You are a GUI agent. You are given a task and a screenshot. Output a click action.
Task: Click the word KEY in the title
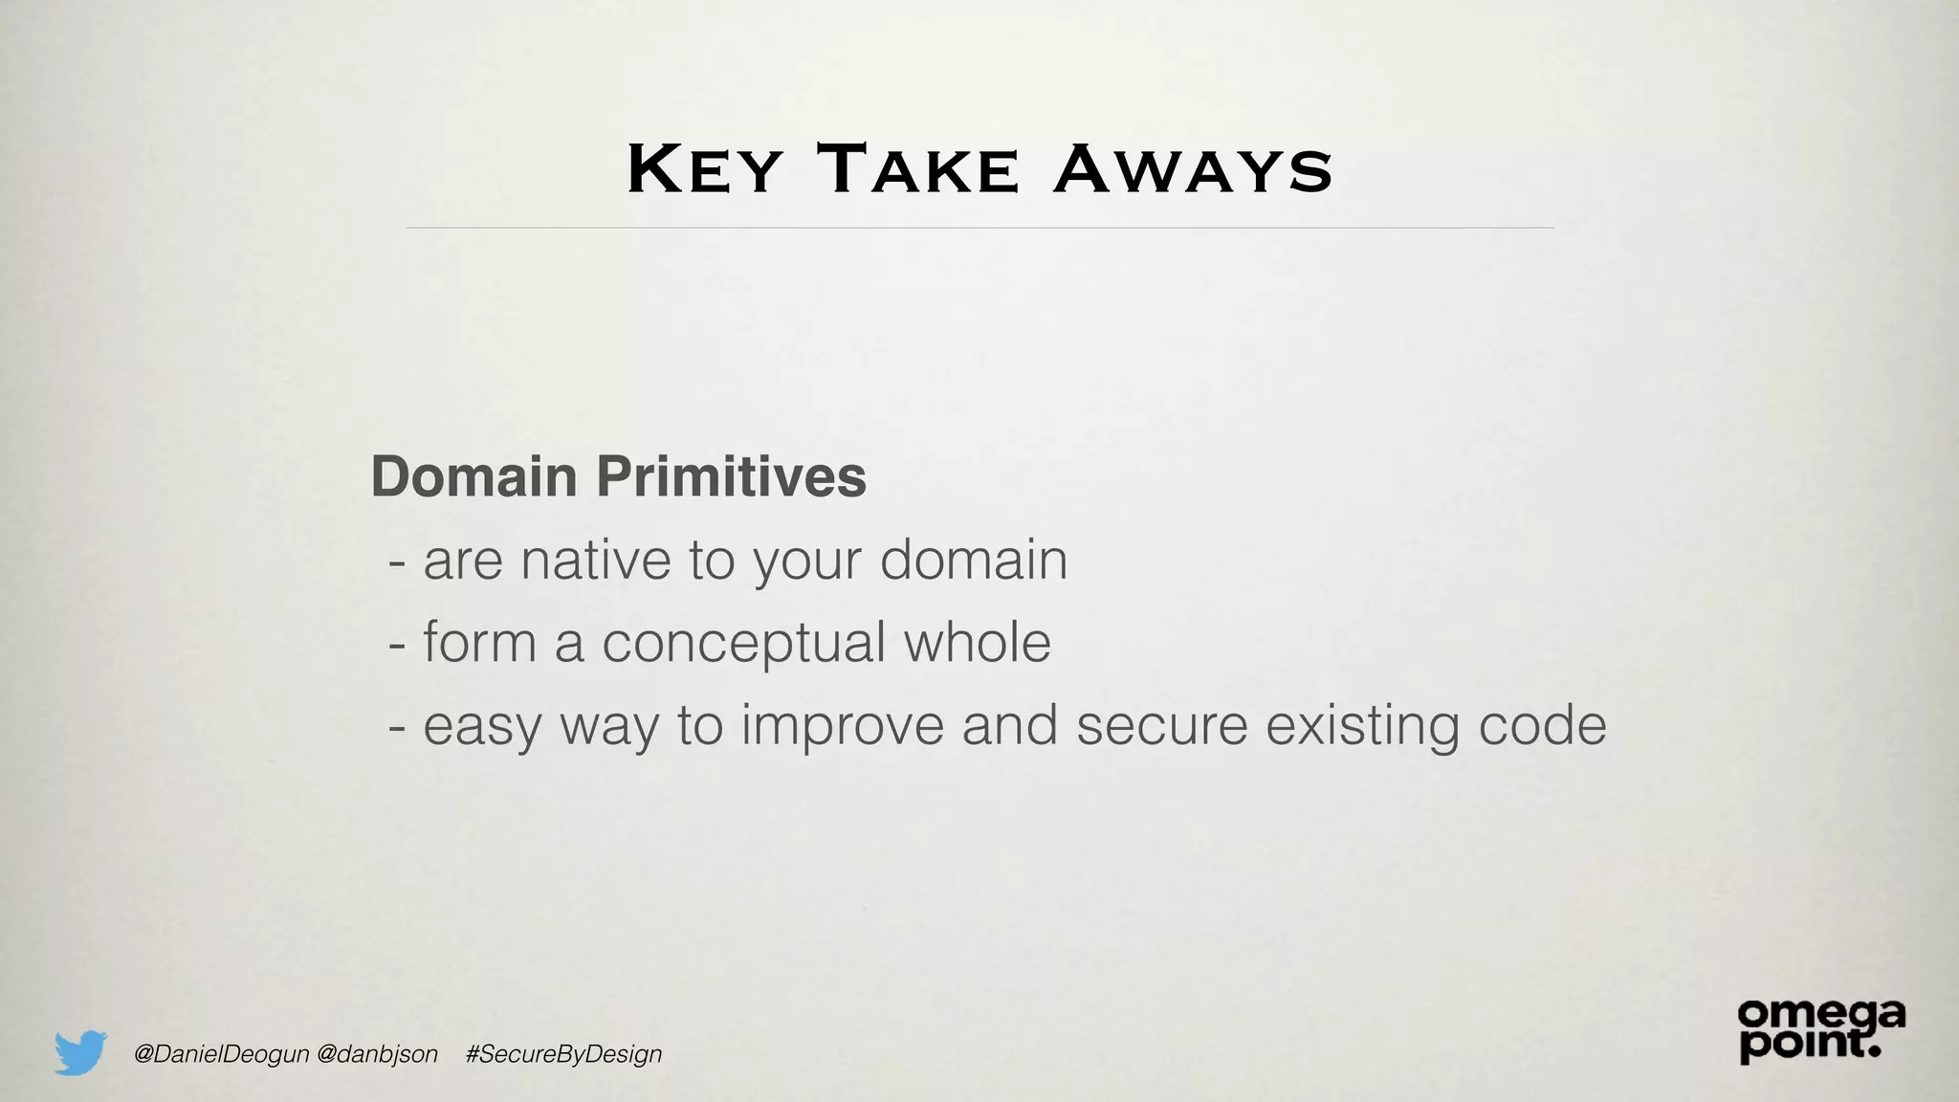point(704,170)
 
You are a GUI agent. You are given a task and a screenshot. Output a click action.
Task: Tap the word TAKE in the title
point(918,170)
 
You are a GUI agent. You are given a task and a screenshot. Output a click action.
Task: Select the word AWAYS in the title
point(1192,170)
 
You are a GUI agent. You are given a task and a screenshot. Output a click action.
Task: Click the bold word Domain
point(473,476)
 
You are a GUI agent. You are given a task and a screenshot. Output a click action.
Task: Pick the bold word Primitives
point(732,476)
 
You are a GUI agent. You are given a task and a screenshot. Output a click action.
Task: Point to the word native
point(596,560)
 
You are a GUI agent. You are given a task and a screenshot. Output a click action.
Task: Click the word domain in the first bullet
point(973,560)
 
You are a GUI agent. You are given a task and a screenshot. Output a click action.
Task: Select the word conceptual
point(743,643)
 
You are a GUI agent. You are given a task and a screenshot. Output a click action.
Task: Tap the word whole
point(978,642)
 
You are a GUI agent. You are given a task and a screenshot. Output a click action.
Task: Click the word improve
point(843,725)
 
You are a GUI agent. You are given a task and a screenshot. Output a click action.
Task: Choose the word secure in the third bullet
point(1162,725)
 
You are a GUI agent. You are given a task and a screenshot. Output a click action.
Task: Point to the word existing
point(1363,726)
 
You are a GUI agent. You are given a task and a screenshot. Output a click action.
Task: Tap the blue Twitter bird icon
point(80,1052)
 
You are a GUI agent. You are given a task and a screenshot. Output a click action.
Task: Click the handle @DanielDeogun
point(222,1054)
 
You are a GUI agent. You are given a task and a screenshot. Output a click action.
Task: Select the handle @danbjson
point(377,1054)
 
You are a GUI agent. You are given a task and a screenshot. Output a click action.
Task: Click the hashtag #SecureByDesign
point(564,1054)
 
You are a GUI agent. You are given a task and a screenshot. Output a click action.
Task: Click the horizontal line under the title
point(979,228)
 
